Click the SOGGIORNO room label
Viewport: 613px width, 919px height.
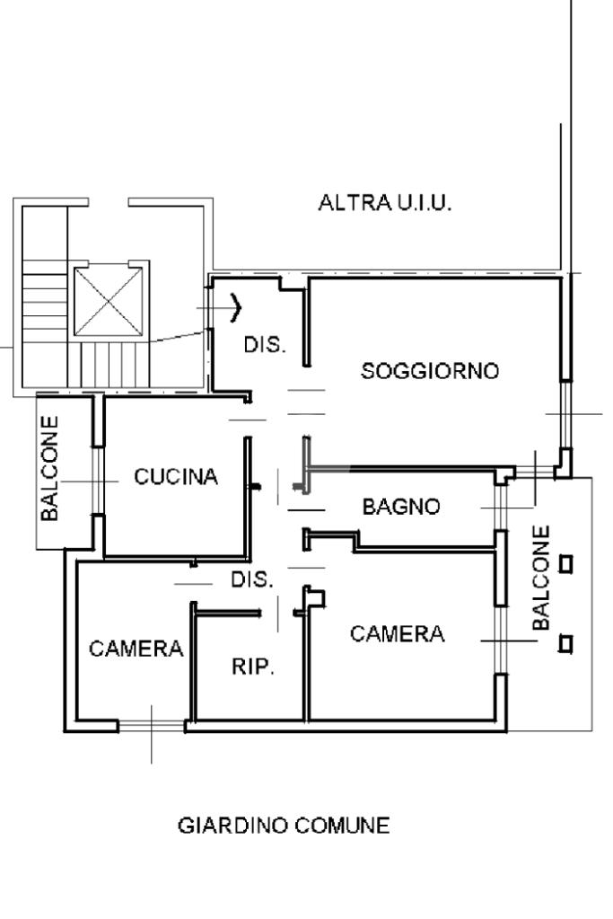coord(429,370)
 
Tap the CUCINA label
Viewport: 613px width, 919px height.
coord(176,477)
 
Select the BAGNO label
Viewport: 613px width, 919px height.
coord(401,507)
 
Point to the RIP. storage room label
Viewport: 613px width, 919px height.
coord(254,667)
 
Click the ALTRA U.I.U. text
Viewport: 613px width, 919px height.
coord(385,203)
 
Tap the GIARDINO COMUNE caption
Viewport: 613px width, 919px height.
coord(284,826)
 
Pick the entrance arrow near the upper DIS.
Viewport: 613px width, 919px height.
coord(237,307)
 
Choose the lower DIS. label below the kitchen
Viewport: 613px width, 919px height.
coord(252,579)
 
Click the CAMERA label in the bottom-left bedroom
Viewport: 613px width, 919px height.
coord(136,648)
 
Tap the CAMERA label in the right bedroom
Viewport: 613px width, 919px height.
coord(397,634)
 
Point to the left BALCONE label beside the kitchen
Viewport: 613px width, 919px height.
coord(52,467)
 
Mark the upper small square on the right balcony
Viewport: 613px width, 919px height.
coord(566,564)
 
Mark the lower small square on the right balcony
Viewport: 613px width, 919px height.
coord(566,643)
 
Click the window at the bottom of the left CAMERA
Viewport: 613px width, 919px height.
coord(151,725)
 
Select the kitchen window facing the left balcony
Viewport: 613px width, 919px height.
coord(98,481)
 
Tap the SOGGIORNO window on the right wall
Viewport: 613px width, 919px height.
coord(565,413)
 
